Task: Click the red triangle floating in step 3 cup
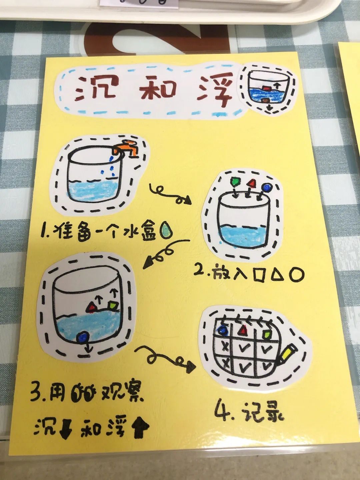pyautogui.click(x=92, y=308)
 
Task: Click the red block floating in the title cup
pyautogui.click(x=267, y=88)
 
